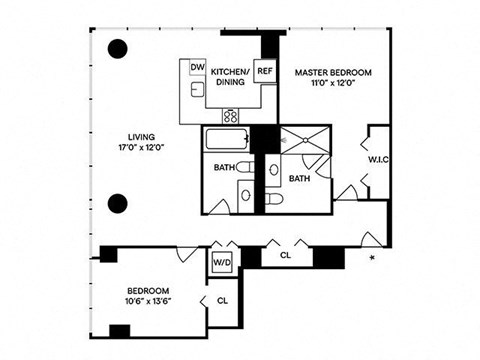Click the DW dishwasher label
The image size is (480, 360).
(x=198, y=68)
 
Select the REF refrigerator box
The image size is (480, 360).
(x=265, y=72)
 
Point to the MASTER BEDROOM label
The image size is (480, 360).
(x=333, y=73)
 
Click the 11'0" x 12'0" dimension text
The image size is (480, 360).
(x=333, y=85)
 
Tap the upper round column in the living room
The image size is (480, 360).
(x=118, y=48)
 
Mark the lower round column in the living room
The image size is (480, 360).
(x=118, y=200)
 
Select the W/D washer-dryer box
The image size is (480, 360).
(x=222, y=262)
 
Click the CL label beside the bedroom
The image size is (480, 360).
(x=223, y=299)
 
